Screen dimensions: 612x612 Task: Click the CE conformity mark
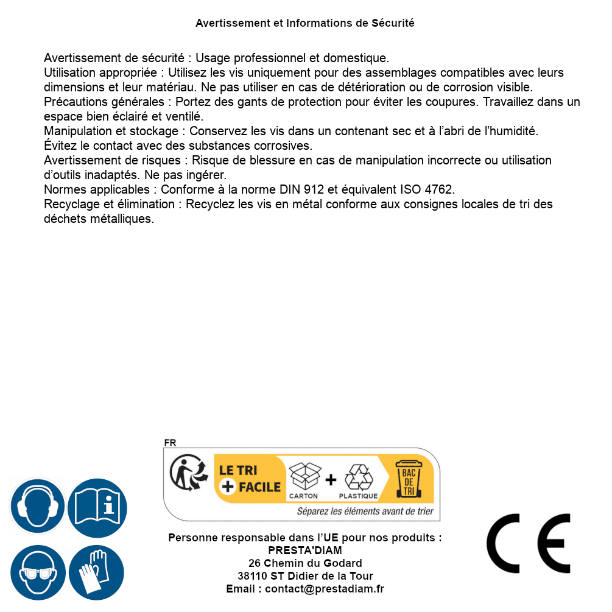click(529, 543)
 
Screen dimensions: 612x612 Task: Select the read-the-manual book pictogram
click(97, 507)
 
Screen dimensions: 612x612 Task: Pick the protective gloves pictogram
click(96, 572)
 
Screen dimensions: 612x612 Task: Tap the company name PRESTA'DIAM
click(305, 550)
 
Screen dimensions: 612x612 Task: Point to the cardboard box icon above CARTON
click(304, 476)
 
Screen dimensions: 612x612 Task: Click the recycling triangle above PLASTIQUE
click(358, 477)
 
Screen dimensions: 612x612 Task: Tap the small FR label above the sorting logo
click(170, 443)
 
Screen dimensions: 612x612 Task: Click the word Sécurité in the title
click(393, 23)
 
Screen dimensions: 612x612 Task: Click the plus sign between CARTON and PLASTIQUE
click(331, 480)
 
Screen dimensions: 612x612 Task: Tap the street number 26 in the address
click(255, 563)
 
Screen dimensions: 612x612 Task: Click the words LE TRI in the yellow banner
click(239, 470)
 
